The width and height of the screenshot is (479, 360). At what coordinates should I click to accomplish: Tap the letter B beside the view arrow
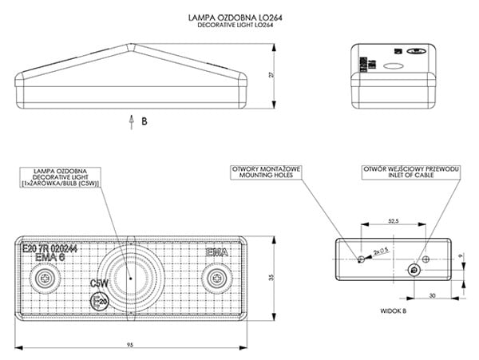click(144, 122)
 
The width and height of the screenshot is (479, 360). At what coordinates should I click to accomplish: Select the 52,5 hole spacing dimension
click(392, 220)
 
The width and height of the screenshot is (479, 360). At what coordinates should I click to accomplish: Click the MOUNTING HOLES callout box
click(265, 173)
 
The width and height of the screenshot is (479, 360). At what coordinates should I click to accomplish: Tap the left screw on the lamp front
click(45, 278)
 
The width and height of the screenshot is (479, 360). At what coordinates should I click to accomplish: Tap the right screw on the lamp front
click(216, 278)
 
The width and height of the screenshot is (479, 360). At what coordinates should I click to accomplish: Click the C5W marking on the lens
click(100, 283)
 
